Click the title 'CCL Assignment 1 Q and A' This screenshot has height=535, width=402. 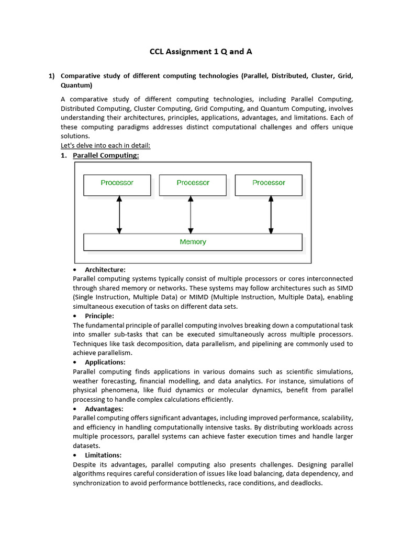201,51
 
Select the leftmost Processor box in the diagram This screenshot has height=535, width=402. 117,185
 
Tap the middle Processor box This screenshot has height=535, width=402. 193,185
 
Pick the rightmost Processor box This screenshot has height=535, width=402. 269,185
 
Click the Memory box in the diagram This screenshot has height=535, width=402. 193,242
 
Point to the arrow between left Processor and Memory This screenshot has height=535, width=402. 119,215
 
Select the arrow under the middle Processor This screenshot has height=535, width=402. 191,215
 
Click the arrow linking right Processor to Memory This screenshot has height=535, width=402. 271,215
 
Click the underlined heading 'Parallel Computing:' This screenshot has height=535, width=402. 106,155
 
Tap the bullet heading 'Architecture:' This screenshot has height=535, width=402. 105,270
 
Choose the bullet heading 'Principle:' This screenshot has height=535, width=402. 99,316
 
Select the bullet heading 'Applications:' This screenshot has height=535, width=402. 105,362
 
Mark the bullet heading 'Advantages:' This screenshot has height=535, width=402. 104,409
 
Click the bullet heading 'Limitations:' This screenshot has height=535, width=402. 103,455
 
